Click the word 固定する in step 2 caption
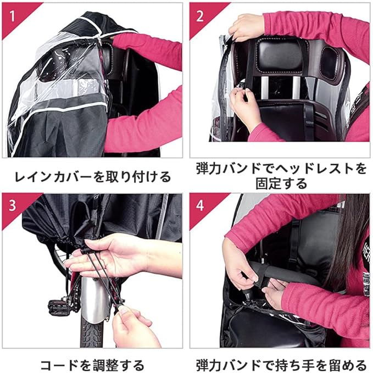[x=281, y=183]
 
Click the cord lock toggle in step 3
[x=85, y=250]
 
